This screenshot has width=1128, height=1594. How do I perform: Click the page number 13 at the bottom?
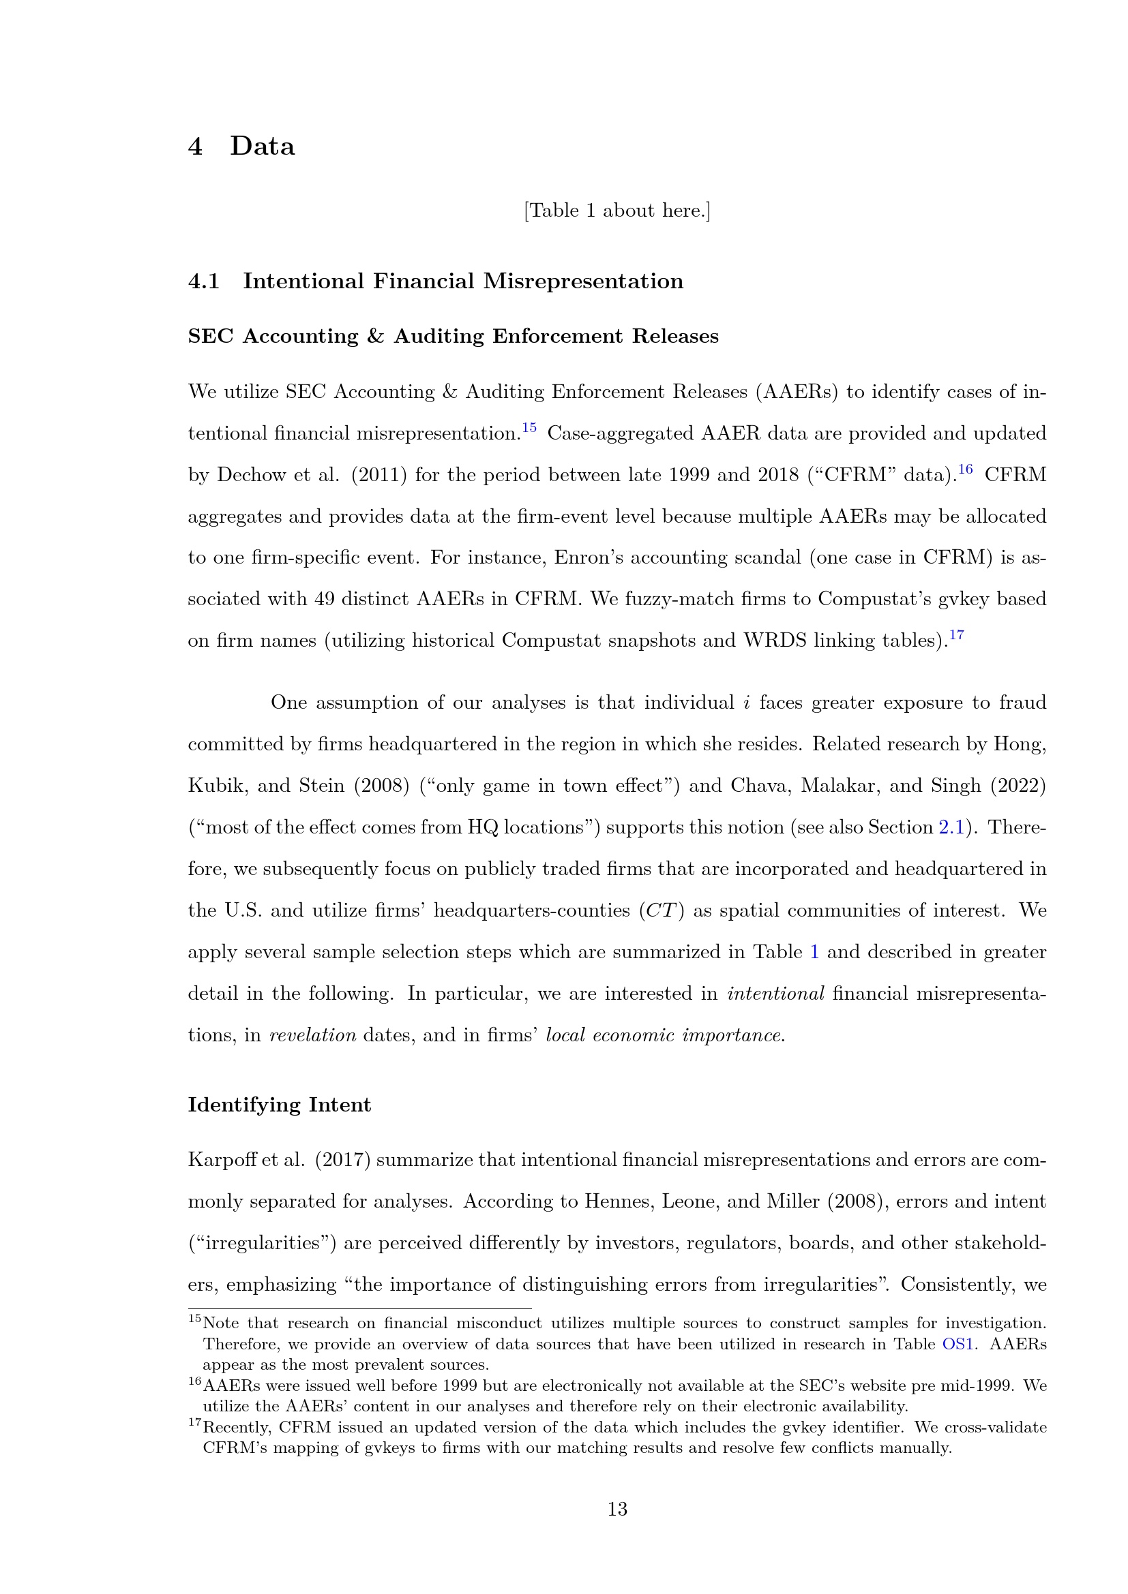coord(617,1509)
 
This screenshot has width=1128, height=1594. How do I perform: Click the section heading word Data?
coord(262,147)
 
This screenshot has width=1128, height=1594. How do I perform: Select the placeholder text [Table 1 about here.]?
coord(617,211)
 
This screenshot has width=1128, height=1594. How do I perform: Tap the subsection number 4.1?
coord(203,281)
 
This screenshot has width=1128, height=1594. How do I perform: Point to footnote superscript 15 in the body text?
coord(529,428)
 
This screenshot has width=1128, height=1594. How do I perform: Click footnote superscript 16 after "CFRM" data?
coord(966,470)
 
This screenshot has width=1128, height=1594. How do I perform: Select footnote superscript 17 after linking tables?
coord(956,634)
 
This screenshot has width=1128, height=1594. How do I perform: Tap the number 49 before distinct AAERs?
coord(325,598)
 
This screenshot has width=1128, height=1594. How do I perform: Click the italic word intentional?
coord(775,993)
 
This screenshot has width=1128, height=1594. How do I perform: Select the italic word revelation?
coord(312,1034)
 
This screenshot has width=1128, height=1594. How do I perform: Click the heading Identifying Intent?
coord(279,1105)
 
